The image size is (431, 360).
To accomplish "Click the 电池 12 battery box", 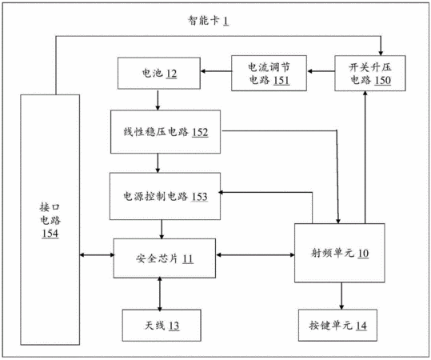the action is [159, 73].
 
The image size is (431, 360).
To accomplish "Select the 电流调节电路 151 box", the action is [269, 73].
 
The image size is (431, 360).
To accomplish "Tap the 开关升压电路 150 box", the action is [370, 73].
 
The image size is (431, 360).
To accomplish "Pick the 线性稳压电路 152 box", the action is [166, 132].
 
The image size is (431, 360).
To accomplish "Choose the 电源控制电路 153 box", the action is [165, 196].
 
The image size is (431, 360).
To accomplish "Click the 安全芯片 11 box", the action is [165, 258].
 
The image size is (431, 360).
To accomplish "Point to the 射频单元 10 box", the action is [340, 253].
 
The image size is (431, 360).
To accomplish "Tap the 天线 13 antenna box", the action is [162, 326].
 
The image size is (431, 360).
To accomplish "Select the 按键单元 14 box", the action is [337, 326].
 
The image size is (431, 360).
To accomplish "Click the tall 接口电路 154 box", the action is [50, 220].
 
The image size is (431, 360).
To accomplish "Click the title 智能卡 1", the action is [208, 21].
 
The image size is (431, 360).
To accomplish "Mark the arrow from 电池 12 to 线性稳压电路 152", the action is [158, 100].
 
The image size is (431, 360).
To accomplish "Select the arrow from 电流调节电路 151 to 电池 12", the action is [216, 71].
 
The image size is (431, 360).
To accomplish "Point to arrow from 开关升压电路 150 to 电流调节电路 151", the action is [321, 71].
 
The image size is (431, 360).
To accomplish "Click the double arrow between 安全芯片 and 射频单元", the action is [255, 255].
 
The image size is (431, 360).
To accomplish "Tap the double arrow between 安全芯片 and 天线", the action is [160, 294].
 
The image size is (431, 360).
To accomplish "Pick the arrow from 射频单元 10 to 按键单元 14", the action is [341, 296].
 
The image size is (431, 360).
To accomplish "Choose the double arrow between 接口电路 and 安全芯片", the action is [97, 255].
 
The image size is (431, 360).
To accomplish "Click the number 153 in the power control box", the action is [199, 197].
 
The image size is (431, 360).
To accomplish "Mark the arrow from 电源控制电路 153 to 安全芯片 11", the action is [162, 230].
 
